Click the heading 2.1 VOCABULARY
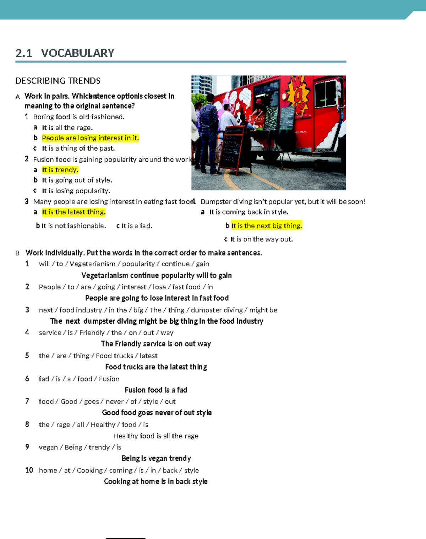pos(65,53)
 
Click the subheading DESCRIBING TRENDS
pos(58,81)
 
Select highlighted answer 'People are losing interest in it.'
pos(90,138)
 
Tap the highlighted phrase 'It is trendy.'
pos(60,170)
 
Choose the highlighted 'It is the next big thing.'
pos(267,226)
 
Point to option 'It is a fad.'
pos(137,226)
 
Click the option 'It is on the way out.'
pos(261,239)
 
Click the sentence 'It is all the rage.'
pos(67,128)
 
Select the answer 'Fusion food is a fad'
pos(156,390)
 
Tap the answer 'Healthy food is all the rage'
pos(156,436)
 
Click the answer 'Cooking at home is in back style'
pos(156,481)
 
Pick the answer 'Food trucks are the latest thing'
pos(156,367)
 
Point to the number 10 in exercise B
pos(29,470)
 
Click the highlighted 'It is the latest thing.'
pos(73,212)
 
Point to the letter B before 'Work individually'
pos(17,253)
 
